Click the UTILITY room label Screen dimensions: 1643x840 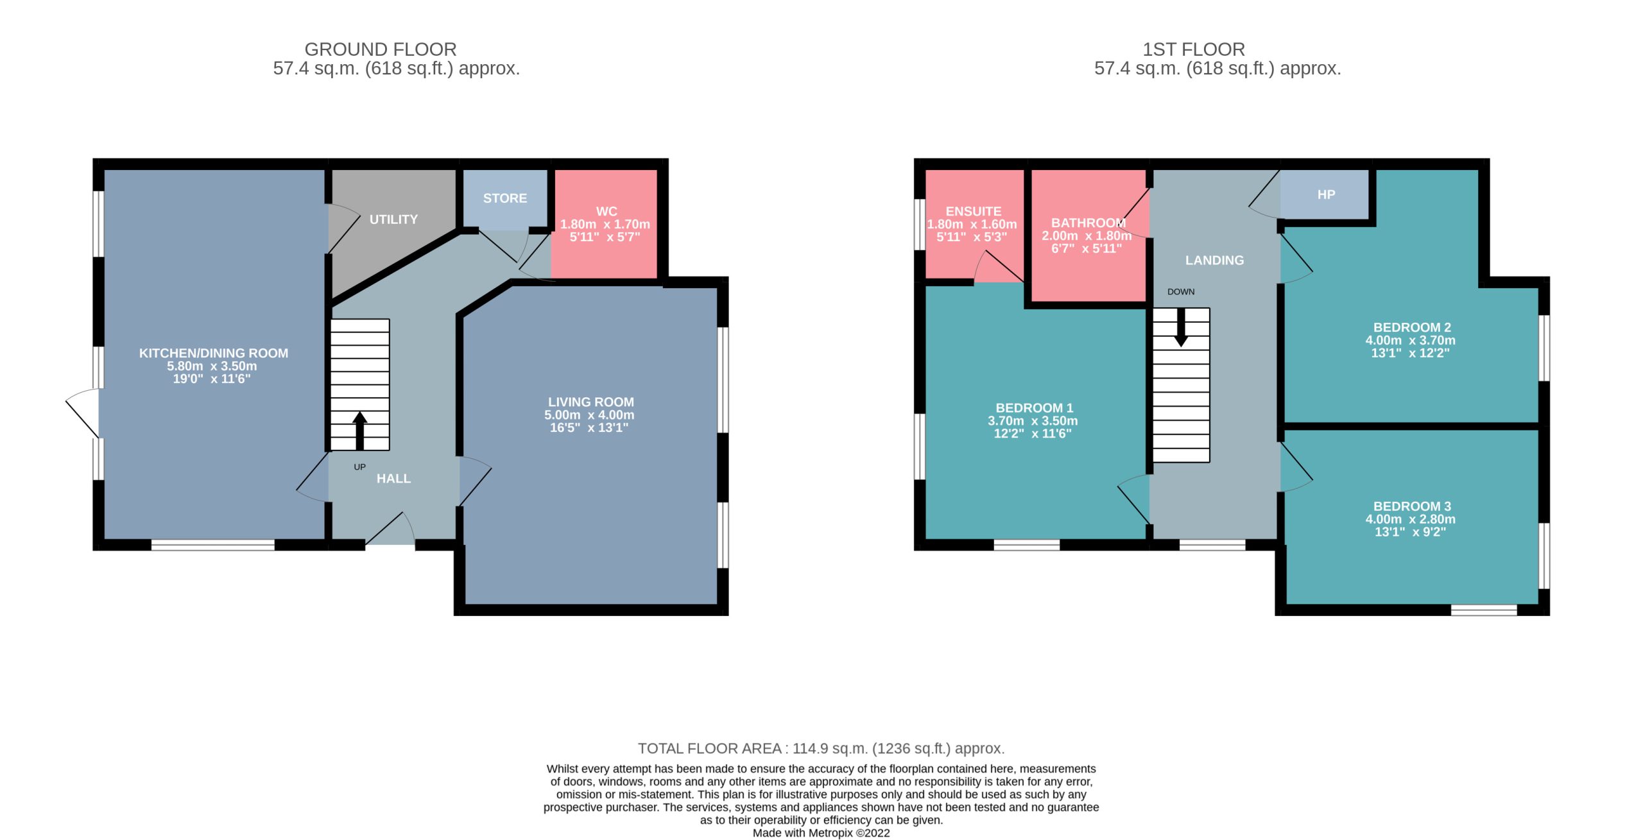click(x=393, y=219)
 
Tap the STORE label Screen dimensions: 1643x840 click(x=505, y=198)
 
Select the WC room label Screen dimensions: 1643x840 click(x=606, y=211)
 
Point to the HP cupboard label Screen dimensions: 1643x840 click(x=1326, y=194)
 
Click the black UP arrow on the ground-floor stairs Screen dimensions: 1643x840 click(x=359, y=431)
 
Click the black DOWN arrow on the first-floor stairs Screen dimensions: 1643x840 click(x=1180, y=328)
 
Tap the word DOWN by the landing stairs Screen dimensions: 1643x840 click(x=1181, y=292)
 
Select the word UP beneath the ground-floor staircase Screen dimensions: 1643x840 click(x=359, y=467)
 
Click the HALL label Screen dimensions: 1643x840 click(x=393, y=479)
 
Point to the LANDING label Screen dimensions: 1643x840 click(x=1214, y=261)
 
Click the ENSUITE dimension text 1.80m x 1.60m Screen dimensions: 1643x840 click(x=972, y=225)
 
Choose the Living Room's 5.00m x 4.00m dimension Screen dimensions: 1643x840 click(x=589, y=415)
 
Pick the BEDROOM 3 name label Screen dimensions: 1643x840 click(x=1412, y=506)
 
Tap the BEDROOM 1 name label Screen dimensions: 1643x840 click(x=1034, y=408)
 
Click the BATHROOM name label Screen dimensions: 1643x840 click(x=1088, y=223)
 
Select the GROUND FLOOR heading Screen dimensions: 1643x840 click(x=381, y=49)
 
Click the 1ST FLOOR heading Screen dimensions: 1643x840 click(x=1194, y=49)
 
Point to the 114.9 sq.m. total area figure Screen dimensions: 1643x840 click(x=830, y=748)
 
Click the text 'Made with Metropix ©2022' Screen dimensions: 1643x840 click(x=821, y=833)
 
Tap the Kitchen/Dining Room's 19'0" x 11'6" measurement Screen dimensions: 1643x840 click(x=212, y=379)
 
